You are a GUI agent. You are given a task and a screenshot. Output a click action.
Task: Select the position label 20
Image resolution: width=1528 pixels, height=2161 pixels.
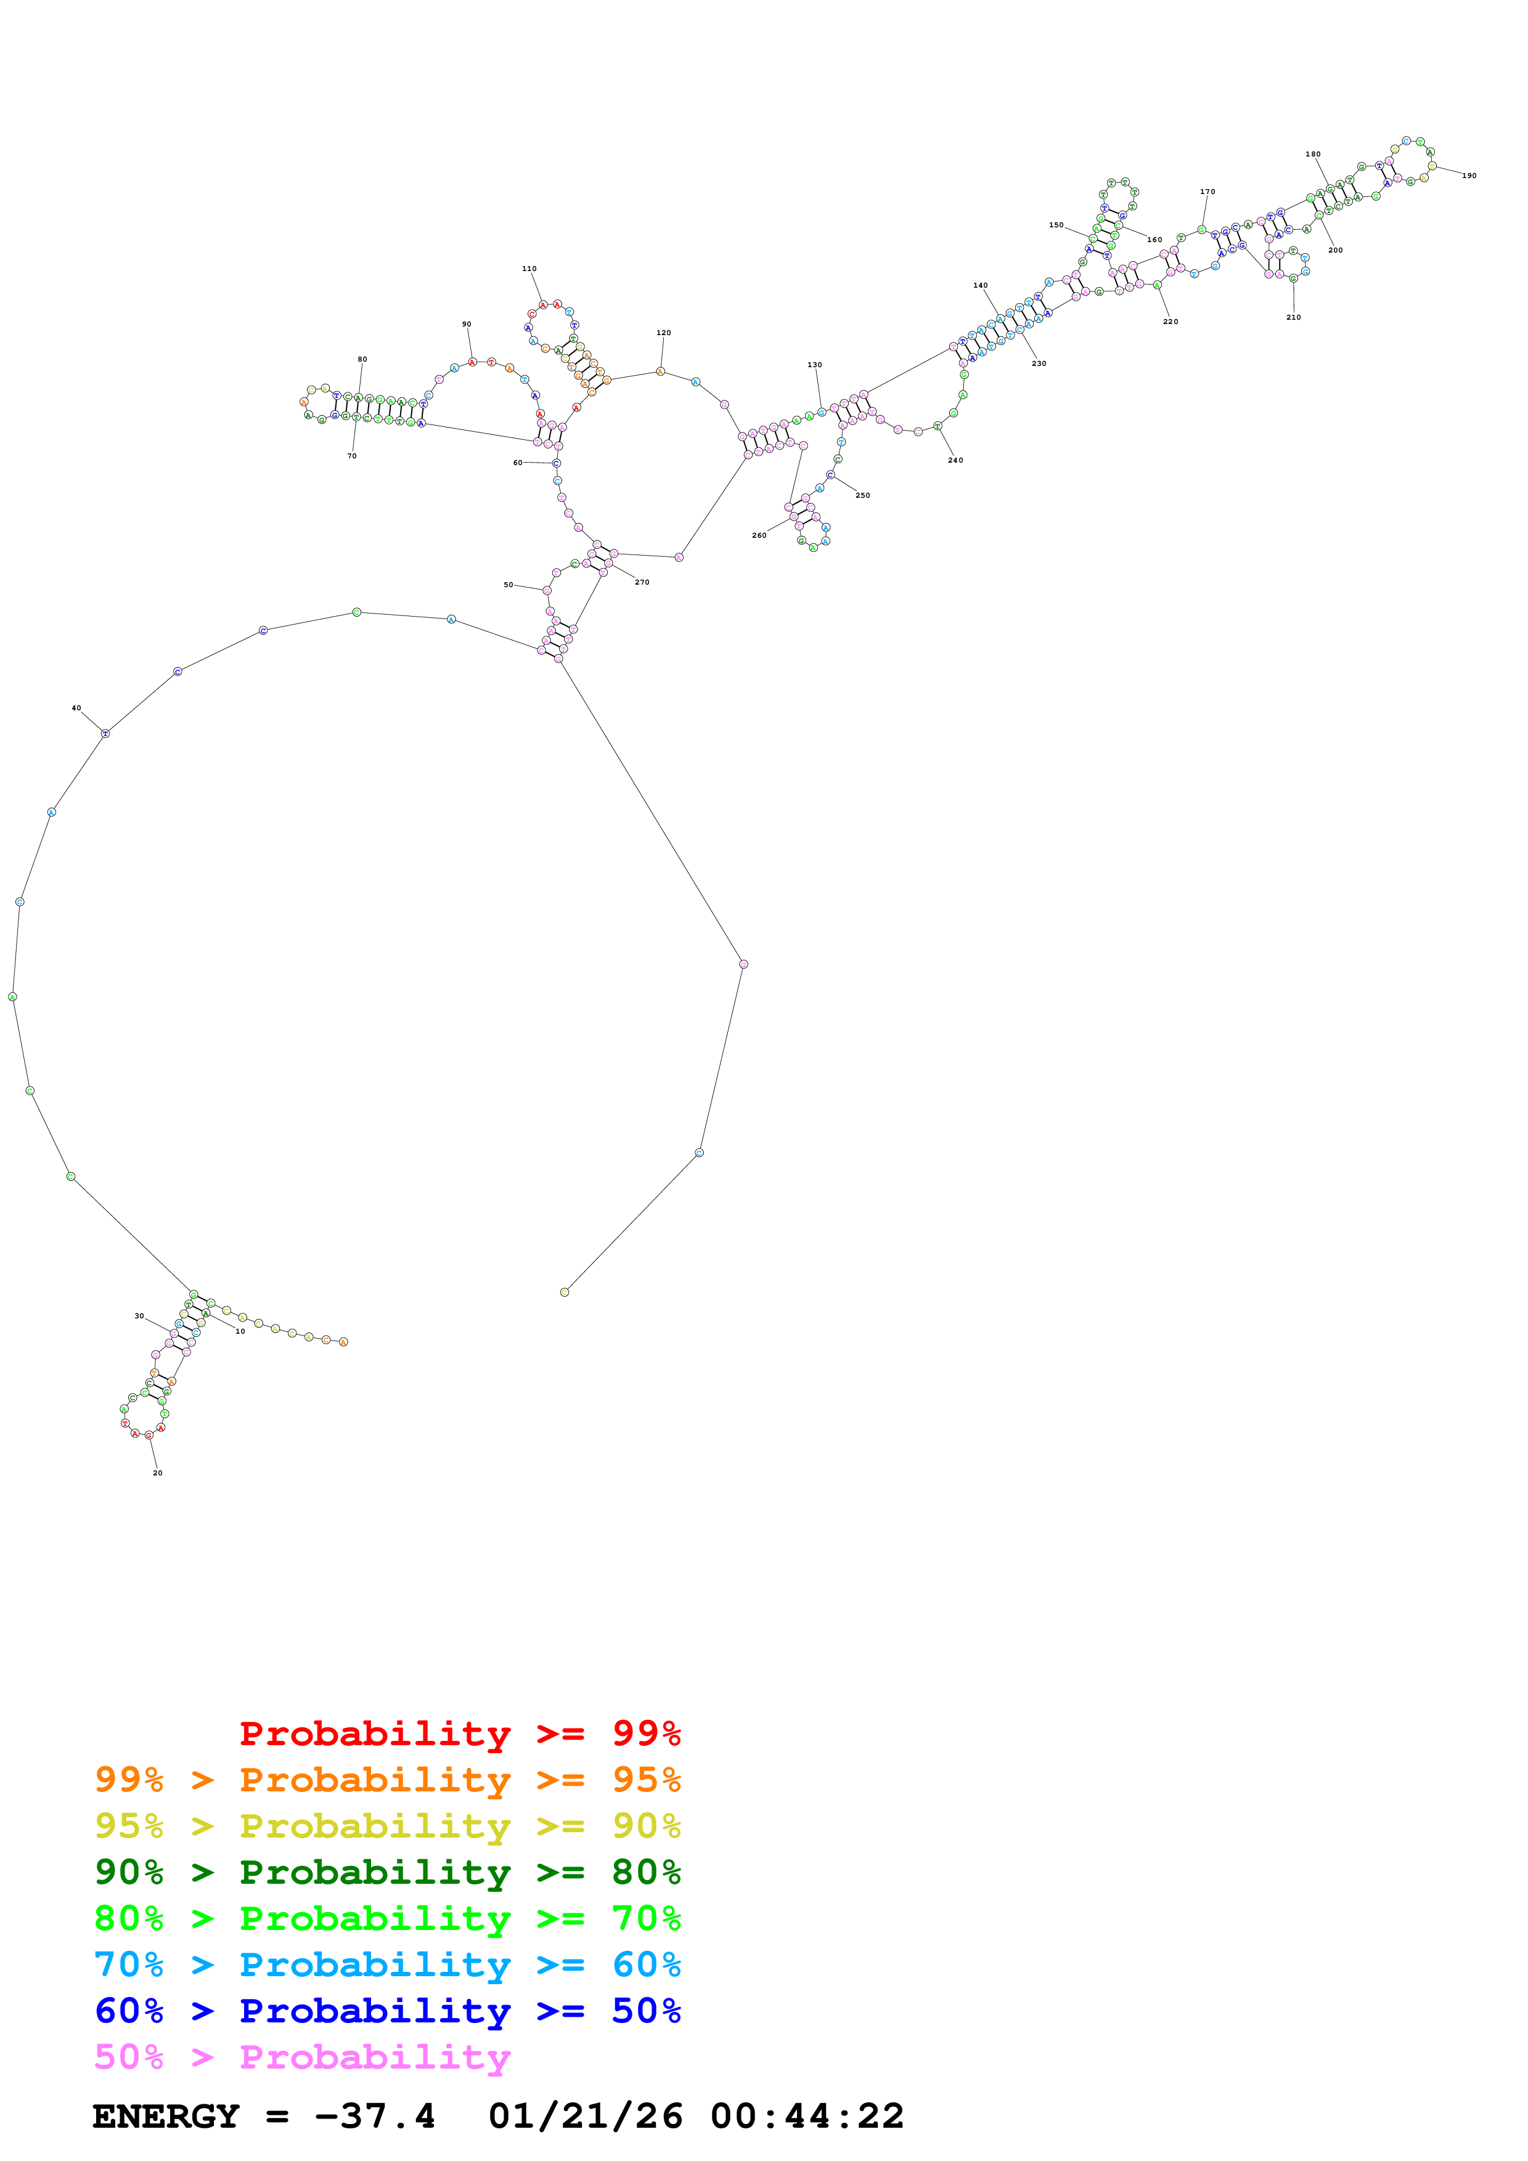[157, 1473]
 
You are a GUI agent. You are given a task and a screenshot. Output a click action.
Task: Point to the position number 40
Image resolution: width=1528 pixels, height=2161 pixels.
[76, 708]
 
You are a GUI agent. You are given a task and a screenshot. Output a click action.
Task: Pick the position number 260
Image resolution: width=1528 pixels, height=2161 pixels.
[759, 535]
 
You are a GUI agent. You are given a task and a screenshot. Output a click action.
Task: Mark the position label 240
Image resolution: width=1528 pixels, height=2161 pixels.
[955, 460]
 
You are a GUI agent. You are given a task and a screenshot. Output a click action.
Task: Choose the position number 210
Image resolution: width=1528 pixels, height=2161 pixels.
[1294, 317]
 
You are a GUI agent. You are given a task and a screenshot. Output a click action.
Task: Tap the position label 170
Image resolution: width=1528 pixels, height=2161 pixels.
[1207, 192]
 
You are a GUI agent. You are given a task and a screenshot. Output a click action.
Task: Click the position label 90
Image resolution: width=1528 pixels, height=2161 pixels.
[466, 325]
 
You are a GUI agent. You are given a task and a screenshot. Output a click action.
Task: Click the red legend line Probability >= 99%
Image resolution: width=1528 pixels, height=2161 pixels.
[459, 1733]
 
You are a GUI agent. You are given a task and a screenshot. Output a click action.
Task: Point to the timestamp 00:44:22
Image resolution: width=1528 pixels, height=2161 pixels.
[807, 2117]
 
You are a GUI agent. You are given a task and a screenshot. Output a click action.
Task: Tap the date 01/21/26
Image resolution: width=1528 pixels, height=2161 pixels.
[585, 2117]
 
